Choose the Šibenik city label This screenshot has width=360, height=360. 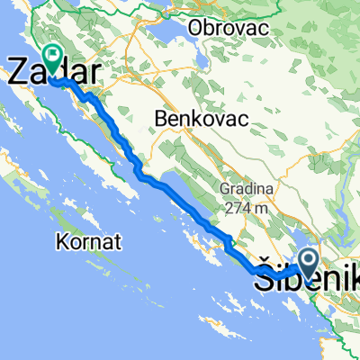307,282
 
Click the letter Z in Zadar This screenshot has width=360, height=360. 17,72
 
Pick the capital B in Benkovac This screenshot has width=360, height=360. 160,118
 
